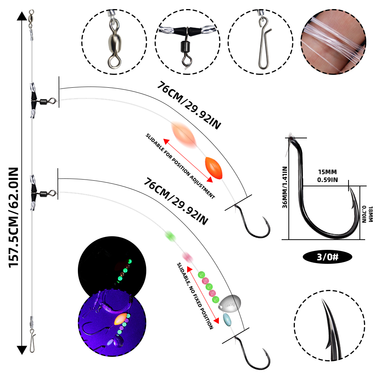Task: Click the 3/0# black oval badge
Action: point(327,257)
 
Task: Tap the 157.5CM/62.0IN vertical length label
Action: point(14,217)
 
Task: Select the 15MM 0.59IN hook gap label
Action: point(327,176)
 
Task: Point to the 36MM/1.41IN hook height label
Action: point(285,187)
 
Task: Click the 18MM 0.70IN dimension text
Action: point(367,214)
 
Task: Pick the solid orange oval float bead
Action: point(214,168)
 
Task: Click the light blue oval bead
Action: point(227,319)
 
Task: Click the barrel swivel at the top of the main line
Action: point(31,19)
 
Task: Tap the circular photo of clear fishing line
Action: point(333,42)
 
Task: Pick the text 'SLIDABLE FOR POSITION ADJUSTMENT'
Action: point(180,166)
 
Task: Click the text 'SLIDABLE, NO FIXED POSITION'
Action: point(195,296)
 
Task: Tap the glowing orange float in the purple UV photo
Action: point(121,319)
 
